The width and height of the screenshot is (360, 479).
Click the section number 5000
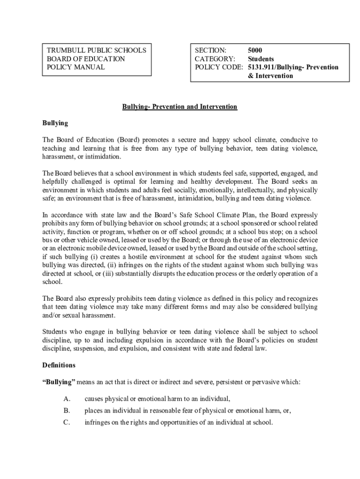pyautogui.click(x=255, y=50)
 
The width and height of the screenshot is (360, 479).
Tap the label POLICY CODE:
pyautogui.click(x=219, y=67)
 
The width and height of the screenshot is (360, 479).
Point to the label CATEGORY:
pyautogui.click(x=215, y=59)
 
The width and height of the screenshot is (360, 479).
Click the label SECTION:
pyautogui.click(x=210, y=50)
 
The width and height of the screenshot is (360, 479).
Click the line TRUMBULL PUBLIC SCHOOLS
pyautogui.click(x=96, y=50)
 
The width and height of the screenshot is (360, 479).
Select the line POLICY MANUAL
pyautogui.click(x=75, y=67)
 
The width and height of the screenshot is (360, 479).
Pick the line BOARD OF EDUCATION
pyautogui.click(x=86, y=59)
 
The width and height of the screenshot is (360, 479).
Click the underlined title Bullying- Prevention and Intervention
pyautogui.click(x=180, y=107)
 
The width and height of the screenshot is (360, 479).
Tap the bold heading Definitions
pyautogui.click(x=59, y=365)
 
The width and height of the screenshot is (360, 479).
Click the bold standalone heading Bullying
pyautogui.click(x=55, y=123)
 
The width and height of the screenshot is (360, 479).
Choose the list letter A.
pyautogui.click(x=66, y=399)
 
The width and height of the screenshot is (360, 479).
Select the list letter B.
pyautogui.click(x=66, y=411)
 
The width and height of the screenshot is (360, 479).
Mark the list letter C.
pyautogui.click(x=66, y=422)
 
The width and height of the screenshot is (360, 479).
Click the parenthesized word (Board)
pyautogui.click(x=127, y=140)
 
